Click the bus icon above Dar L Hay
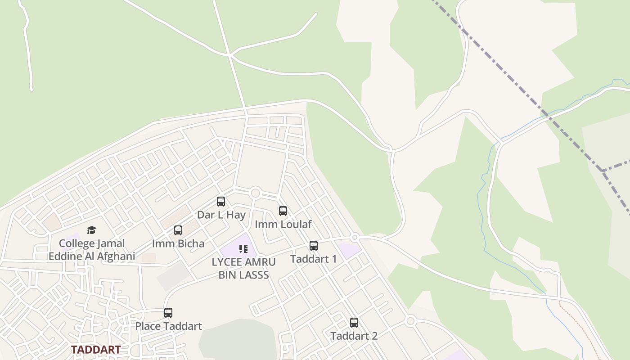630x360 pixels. point(221,202)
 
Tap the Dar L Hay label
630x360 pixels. point(221,215)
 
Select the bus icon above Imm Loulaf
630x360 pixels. point(283,211)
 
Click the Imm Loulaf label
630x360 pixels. point(283,224)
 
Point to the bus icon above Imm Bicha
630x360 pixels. point(178,230)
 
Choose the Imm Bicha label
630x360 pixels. point(178,244)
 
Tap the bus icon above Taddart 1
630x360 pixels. point(314,246)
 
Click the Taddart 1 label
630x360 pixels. point(313,259)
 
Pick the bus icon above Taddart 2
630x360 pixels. point(354,322)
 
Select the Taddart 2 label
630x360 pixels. point(354,336)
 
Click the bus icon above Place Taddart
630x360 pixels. point(168,312)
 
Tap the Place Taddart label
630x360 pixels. point(169,326)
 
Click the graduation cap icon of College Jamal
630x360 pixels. point(92,230)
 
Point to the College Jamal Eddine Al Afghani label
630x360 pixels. point(92,250)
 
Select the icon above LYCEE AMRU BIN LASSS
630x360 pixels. point(243,249)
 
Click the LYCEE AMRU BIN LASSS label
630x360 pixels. point(243,269)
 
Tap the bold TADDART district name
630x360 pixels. point(96,350)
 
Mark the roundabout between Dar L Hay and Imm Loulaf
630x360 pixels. point(256,193)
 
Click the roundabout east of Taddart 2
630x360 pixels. point(409,321)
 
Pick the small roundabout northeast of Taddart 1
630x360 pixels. point(355,237)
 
